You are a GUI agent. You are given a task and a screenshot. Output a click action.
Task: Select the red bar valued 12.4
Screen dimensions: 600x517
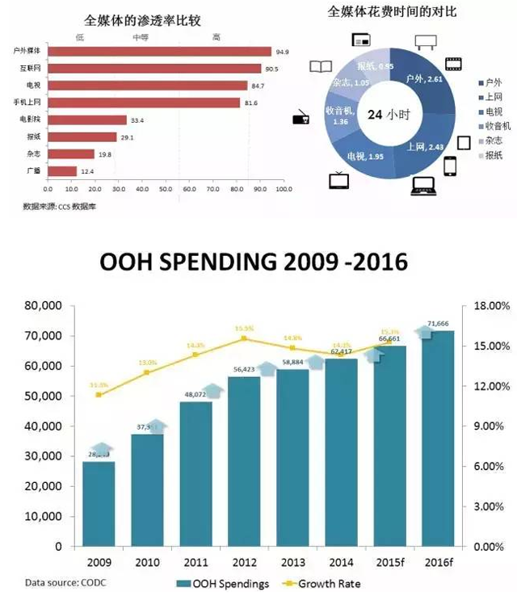60,170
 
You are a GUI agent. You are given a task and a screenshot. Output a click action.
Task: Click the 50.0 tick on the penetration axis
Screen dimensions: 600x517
166,191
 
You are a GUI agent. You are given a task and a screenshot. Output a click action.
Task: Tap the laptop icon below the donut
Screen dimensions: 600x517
424,186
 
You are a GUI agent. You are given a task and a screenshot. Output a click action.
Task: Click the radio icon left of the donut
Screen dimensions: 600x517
301,119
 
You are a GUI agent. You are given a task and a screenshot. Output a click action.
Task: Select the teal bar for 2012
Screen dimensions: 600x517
244,460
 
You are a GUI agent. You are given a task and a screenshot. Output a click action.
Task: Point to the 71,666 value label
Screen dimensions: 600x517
440,323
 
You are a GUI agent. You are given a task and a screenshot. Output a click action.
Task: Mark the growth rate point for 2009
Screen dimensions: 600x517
99,394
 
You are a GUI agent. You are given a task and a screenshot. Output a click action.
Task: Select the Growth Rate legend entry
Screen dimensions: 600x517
326,583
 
